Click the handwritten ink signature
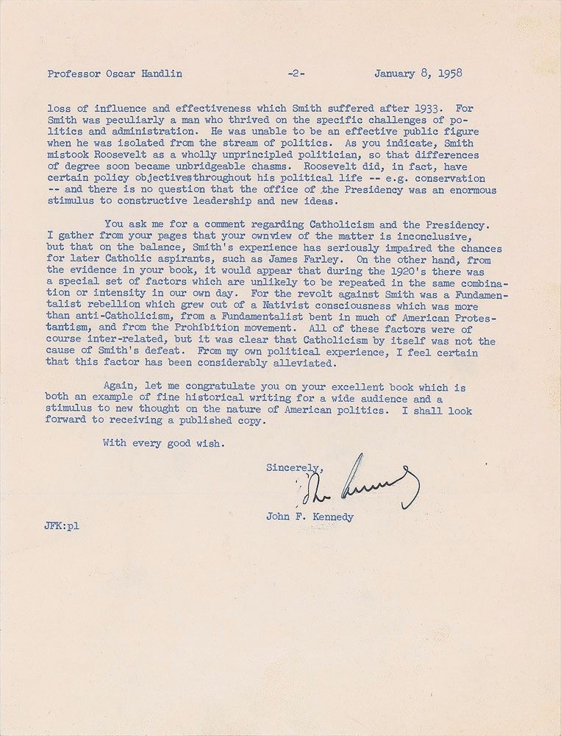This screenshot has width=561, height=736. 360,485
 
